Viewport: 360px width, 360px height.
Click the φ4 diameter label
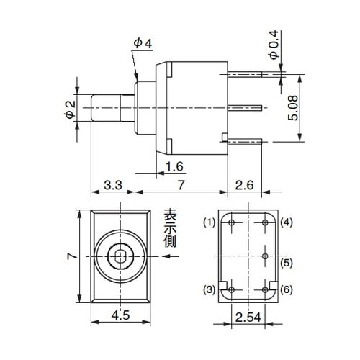[143, 44]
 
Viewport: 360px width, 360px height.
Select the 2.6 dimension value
[246, 186]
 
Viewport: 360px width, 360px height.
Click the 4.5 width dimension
[120, 314]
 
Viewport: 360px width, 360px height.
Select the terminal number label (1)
[209, 221]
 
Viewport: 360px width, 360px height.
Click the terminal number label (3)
[209, 289]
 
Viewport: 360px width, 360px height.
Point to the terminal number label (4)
[286, 221]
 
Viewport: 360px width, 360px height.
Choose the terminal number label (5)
[286, 264]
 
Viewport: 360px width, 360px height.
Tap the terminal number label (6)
[286, 289]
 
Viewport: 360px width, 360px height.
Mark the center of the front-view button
[120, 256]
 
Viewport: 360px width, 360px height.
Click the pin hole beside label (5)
[266, 256]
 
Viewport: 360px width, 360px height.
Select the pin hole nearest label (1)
[230, 224]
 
